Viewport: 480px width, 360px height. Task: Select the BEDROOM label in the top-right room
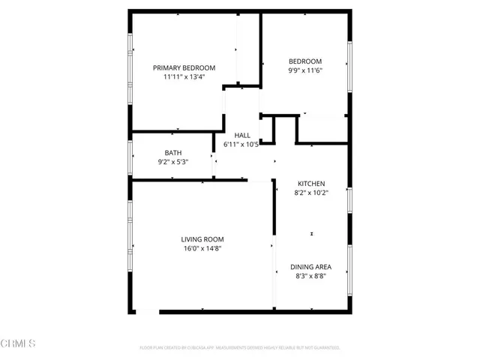[305, 61]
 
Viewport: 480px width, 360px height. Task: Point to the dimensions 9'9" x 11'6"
[305, 71]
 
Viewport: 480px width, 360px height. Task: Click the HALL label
[242, 134]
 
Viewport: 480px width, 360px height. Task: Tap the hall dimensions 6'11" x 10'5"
[241, 144]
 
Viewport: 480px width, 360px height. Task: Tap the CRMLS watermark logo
[19, 344]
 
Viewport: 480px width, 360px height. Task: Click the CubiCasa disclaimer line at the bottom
[240, 348]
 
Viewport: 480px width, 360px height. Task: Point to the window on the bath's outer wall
[130, 156]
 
